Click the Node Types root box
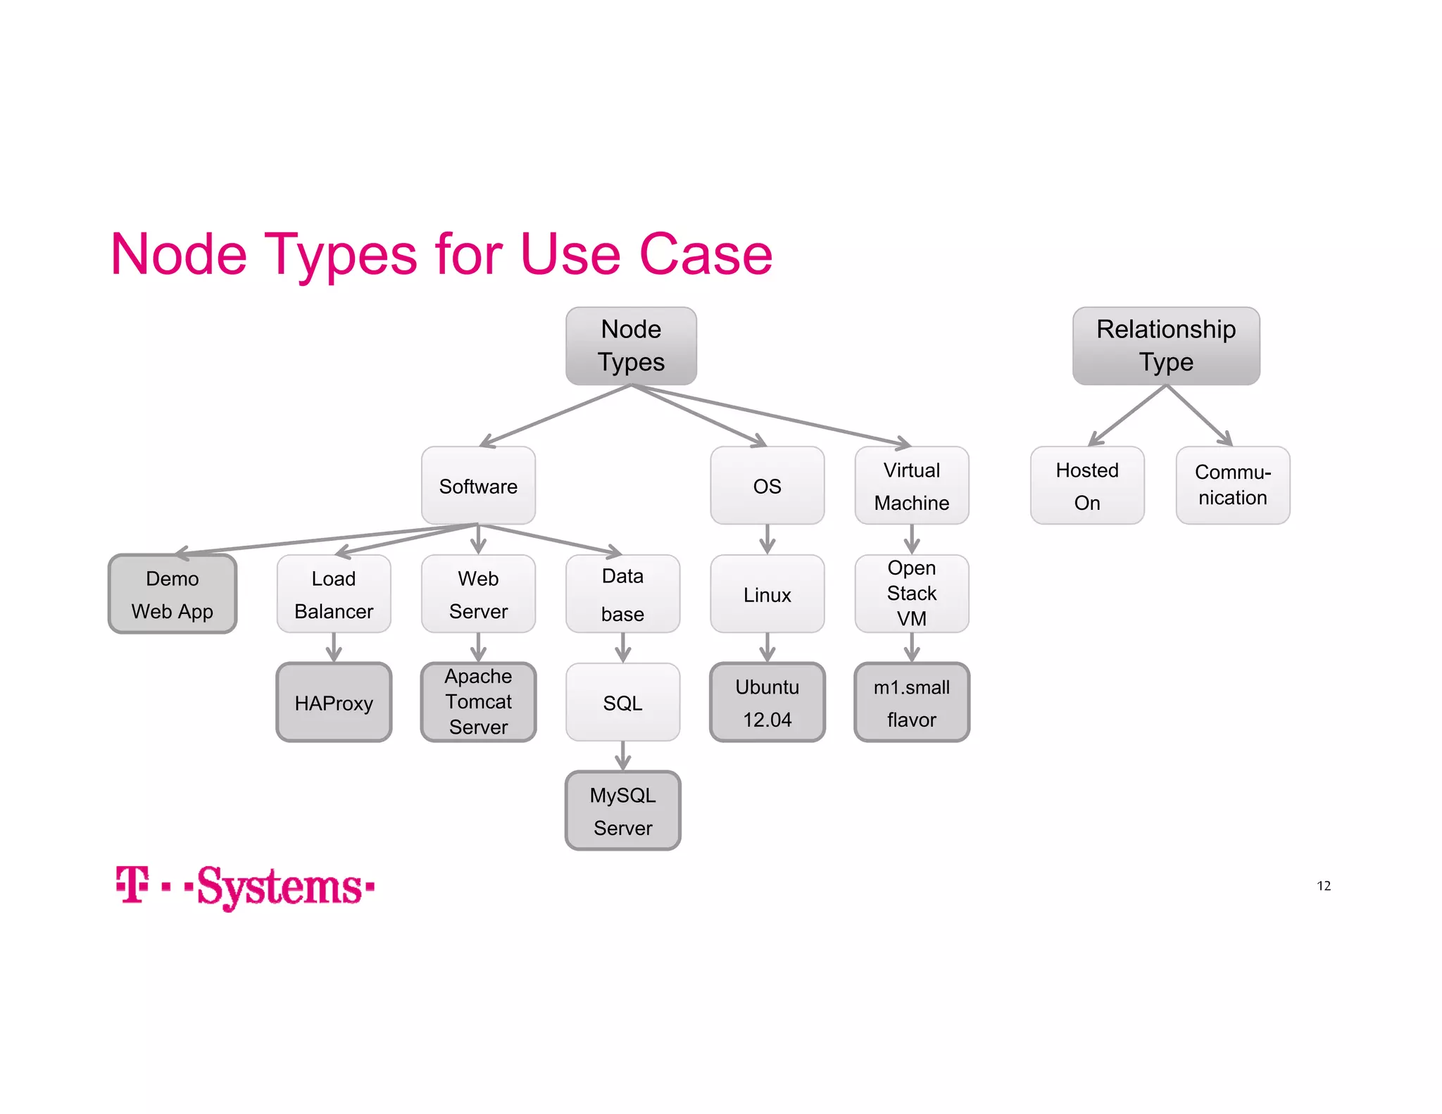[631, 346]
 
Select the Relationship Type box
[1165, 346]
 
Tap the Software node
[478, 486]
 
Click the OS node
[767, 486]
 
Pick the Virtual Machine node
[911, 486]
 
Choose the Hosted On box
[1086, 486]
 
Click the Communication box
[1232, 486]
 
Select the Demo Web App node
[173, 594]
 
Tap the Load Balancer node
[334, 594]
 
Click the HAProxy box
[334, 702]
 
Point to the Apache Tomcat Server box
[478, 702]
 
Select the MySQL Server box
[622, 811]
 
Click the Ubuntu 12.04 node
[767, 702]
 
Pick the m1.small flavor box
[911, 702]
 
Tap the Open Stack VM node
[911, 594]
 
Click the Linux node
[767, 594]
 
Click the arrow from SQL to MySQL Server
[622, 756]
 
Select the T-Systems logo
[245, 887]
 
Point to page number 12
[1323, 886]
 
